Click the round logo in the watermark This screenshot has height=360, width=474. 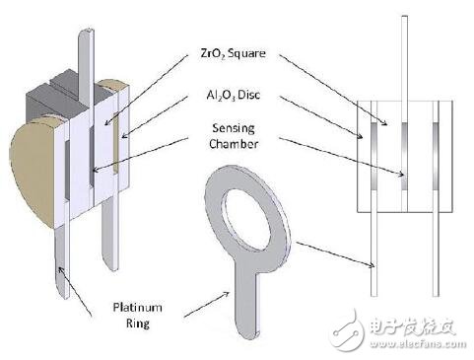tap(348, 321)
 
